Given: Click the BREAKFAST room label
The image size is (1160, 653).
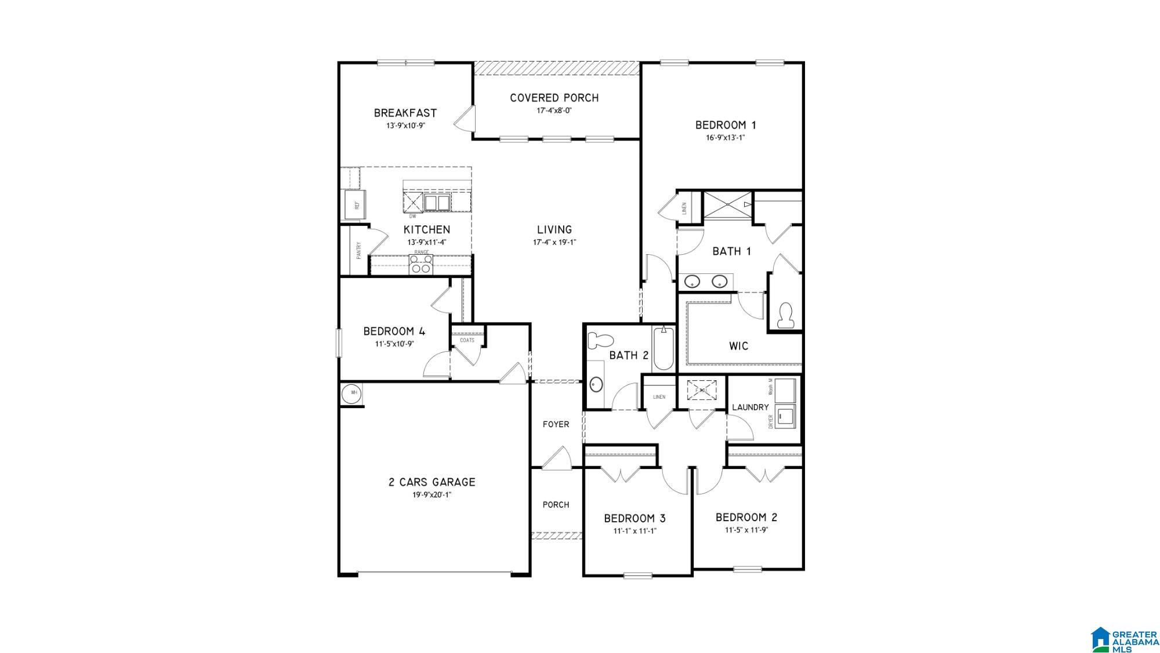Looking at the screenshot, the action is point(405,113).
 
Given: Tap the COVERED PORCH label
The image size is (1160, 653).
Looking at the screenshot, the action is point(554,98).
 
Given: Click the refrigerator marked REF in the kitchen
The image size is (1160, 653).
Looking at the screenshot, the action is point(354,204).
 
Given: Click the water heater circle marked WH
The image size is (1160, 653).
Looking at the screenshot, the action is point(353,393).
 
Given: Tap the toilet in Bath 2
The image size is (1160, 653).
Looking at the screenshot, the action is point(600,340).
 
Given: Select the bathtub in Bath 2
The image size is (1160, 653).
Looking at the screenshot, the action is point(662,349).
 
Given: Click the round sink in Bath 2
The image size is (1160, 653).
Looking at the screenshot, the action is point(596,384).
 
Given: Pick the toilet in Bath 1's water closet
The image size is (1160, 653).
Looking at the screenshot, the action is point(786,315).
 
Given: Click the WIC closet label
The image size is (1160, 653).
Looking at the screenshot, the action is point(739,346).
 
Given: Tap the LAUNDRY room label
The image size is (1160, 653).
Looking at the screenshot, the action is point(750,407).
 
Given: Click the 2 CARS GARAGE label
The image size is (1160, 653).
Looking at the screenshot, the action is point(432,482).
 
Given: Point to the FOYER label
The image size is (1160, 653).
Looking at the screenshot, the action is point(556,424).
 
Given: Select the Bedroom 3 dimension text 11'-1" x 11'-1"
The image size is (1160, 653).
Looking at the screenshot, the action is point(636,531).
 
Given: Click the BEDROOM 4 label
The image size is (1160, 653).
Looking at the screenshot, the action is point(394,331).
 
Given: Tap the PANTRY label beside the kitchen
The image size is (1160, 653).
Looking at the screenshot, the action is point(359,250).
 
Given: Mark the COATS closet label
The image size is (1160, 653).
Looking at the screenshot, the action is point(467,340).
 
